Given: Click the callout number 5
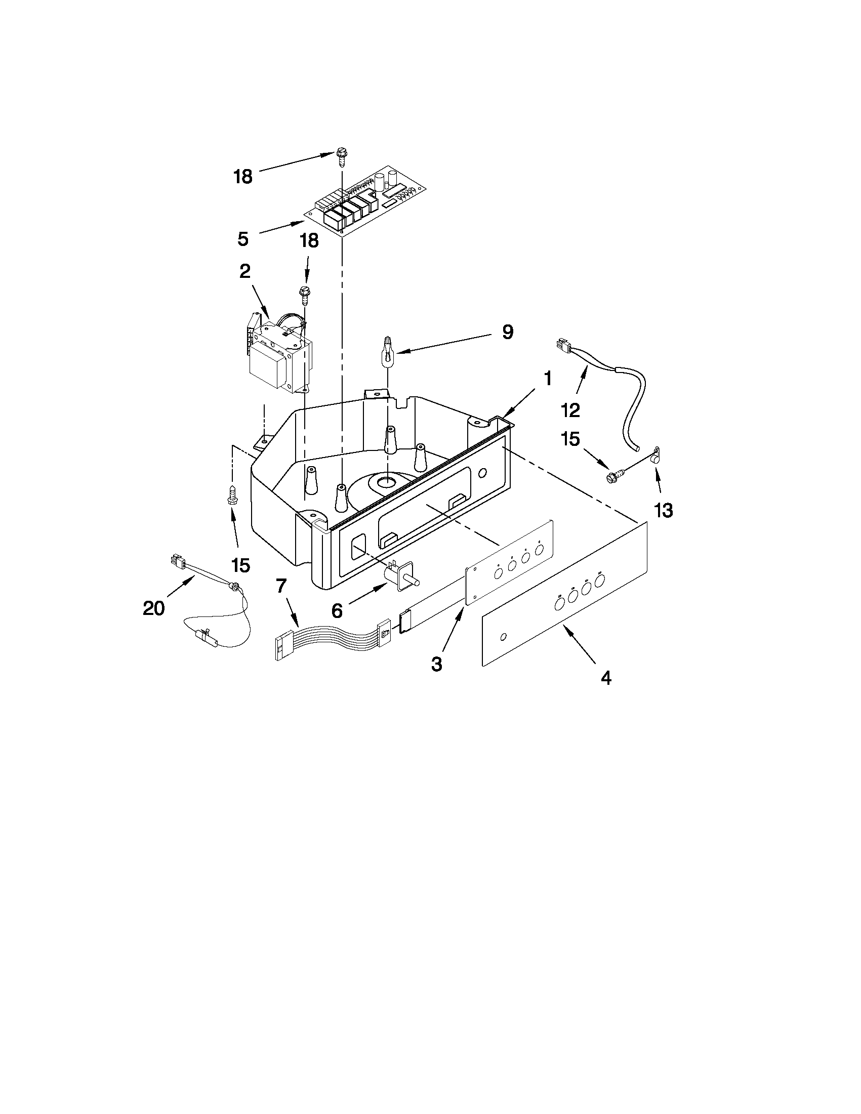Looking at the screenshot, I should [243, 238].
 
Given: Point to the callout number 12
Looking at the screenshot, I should [571, 409].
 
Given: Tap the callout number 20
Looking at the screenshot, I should [153, 608].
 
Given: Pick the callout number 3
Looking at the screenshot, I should [437, 664].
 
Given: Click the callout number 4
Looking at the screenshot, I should [605, 678].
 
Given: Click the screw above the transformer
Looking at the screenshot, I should [305, 296].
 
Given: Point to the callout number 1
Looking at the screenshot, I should [547, 379].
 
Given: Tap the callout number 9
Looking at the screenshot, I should [507, 332].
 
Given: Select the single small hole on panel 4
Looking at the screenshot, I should [504, 636].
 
